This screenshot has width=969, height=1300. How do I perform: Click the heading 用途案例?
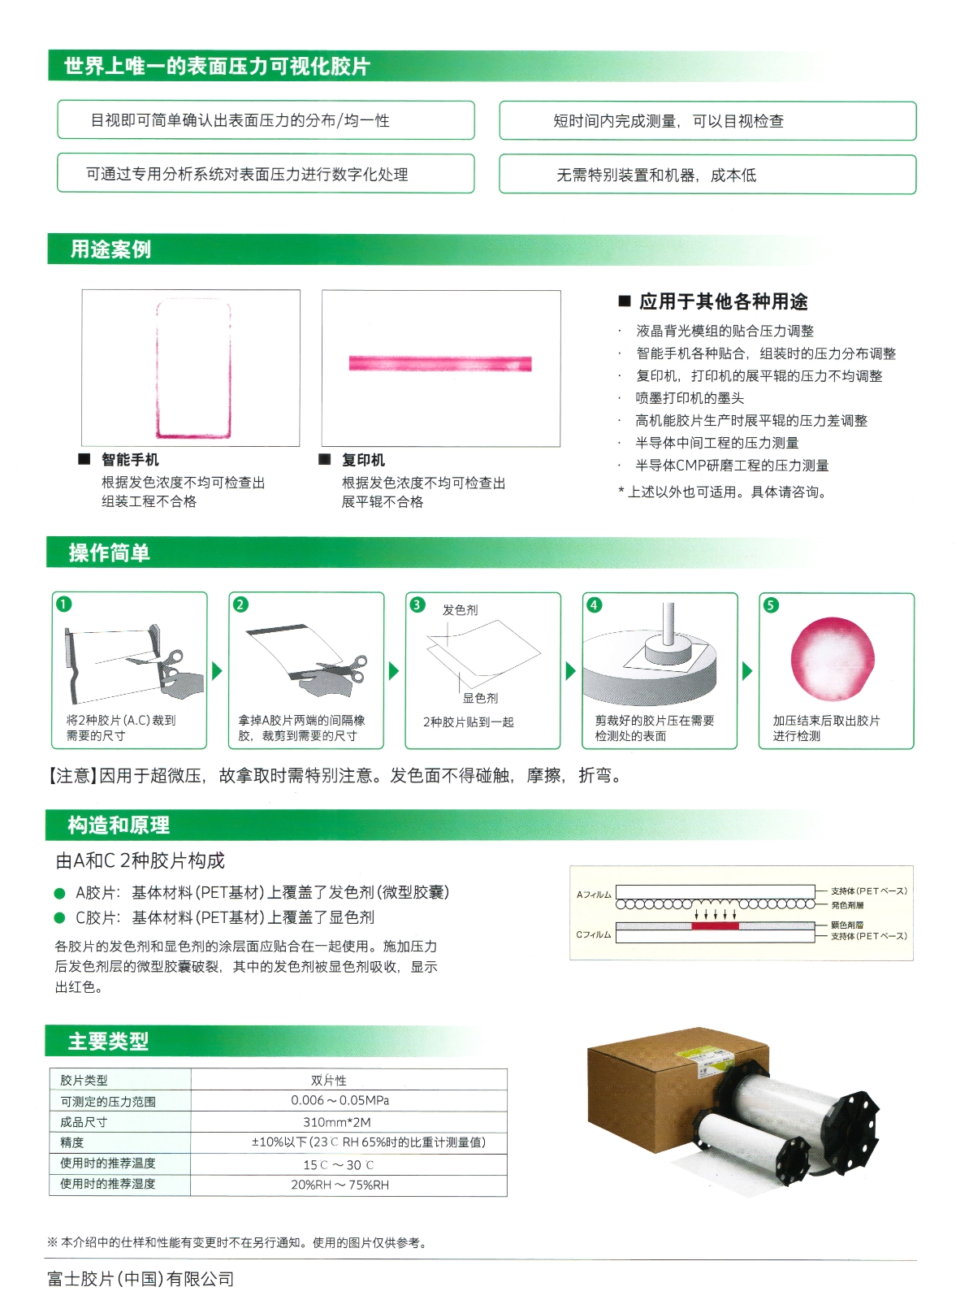(110, 249)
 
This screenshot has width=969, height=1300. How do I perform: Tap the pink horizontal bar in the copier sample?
(439, 363)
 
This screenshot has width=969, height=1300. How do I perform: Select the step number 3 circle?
(417, 604)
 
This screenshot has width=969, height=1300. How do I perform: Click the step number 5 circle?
(771, 604)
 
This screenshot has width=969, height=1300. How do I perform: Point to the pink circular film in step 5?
(833, 659)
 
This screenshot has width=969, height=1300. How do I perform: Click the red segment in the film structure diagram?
(715, 925)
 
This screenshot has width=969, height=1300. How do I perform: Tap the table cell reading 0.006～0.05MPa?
(340, 1100)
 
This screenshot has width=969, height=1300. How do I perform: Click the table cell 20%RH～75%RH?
(340, 1185)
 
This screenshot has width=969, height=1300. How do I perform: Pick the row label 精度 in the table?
(71, 1142)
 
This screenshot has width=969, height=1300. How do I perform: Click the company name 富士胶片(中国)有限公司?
(141, 1279)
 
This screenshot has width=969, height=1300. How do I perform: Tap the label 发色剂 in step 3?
(460, 609)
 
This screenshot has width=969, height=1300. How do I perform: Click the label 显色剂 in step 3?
(480, 698)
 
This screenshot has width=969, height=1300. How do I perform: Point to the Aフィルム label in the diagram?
(594, 895)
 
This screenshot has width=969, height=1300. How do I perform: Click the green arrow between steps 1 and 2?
(217, 671)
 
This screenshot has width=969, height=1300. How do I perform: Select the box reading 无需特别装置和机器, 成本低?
(707, 174)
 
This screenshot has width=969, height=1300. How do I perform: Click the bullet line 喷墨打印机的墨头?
(690, 398)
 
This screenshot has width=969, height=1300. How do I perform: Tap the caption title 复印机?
(363, 460)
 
